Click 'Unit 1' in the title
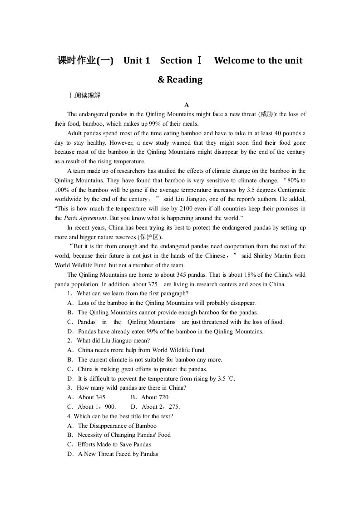[x=136, y=60]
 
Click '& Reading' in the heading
[x=180, y=80]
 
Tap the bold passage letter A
[x=187, y=105]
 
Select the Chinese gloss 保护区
[x=149, y=237]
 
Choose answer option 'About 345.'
[x=92, y=397]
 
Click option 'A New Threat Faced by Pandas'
[x=118, y=454]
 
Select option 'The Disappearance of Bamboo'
[x=117, y=426]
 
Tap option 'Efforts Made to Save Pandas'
[x=114, y=445]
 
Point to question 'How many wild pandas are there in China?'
[x=131, y=388]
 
